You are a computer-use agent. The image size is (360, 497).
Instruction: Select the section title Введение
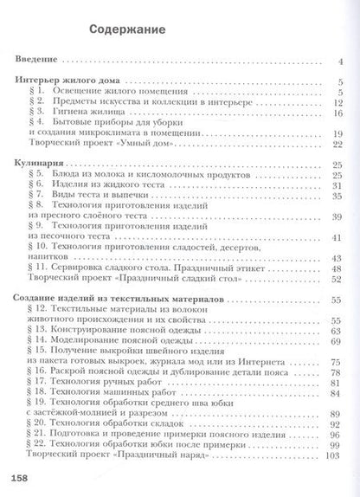coord(38,61)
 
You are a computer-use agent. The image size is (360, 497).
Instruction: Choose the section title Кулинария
coord(41,165)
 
